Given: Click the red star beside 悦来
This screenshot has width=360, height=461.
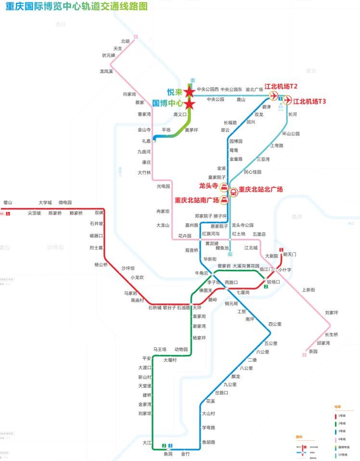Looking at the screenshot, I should [190, 92].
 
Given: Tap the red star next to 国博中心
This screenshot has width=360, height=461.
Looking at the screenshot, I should [190, 104].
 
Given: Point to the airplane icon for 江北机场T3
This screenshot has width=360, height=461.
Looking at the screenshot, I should [287, 100].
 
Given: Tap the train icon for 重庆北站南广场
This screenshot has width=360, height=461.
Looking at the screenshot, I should [224, 199].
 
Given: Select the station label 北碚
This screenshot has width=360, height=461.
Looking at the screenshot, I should [126, 41].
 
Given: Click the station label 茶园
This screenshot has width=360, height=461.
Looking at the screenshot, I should [313, 351].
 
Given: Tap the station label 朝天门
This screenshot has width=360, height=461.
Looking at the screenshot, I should [290, 254].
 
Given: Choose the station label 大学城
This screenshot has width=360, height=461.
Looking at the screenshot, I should [45, 203].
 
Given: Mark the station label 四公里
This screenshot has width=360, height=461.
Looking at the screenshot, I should [275, 324].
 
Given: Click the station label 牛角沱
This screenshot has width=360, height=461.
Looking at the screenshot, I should [201, 273].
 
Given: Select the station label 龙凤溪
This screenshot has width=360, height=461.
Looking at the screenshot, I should [106, 71].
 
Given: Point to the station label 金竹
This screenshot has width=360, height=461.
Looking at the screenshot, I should [185, 454].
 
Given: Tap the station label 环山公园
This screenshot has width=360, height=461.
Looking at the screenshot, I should [291, 133].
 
